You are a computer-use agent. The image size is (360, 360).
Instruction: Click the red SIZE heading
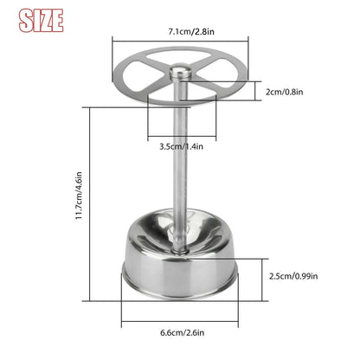pyautogui.click(x=41, y=20)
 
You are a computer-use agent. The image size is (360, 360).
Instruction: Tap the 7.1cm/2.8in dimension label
pyautogui.click(x=191, y=31)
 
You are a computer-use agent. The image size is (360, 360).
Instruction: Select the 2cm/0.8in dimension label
pyautogui.click(x=284, y=92)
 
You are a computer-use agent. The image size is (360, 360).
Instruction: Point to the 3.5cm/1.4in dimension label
pyautogui.click(x=181, y=146)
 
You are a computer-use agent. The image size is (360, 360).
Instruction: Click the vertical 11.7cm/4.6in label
pyautogui.click(x=79, y=196)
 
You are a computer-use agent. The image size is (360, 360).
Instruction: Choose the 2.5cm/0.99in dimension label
pyautogui.click(x=293, y=276)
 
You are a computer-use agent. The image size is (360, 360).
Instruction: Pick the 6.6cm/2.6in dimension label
pyautogui.click(x=183, y=332)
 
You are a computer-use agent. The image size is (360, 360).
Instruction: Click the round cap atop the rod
pyautogui.click(x=180, y=72)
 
